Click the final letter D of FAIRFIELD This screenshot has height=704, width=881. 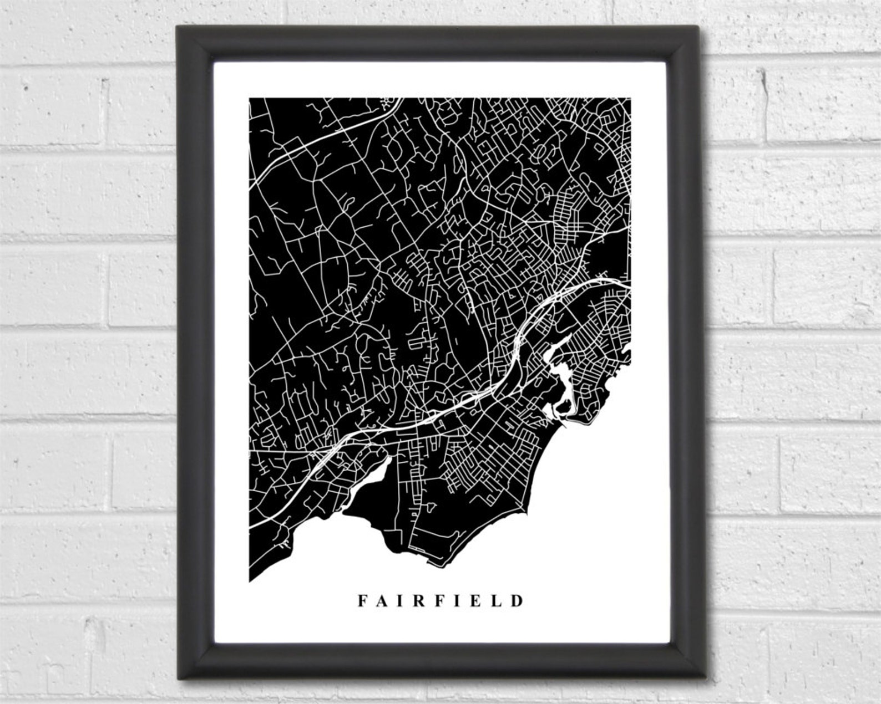[517, 601]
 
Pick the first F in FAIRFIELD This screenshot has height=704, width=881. [362, 601]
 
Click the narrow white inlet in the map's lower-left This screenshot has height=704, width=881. [366, 482]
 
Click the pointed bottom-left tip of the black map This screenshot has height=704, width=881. [250, 580]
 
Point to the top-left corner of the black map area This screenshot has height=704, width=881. [250, 99]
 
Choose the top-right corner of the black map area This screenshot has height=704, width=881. [630, 99]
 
